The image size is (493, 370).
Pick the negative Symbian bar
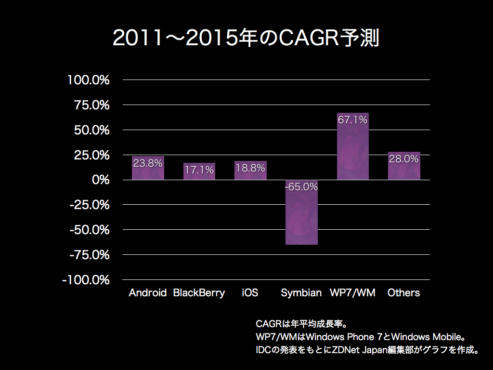point(301,217)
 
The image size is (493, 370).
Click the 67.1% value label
point(352,120)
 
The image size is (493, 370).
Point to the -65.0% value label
point(301,187)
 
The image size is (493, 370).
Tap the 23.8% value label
point(148,163)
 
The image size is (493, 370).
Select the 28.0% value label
point(404,159)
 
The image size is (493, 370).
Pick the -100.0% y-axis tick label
point(86,280)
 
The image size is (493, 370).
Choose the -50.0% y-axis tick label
point(90,230)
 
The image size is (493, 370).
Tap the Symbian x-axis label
point(301,292)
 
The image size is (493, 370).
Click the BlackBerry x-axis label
point(199,292)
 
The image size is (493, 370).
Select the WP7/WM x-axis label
point(352,292)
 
